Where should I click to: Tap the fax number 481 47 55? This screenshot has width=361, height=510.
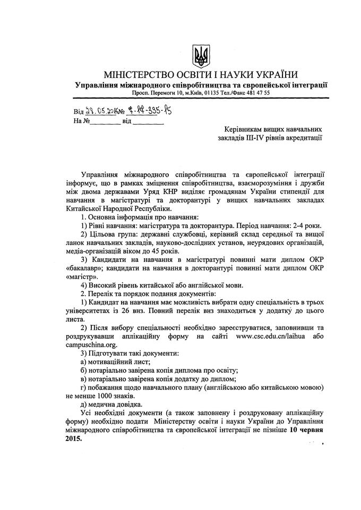tap(257, 93)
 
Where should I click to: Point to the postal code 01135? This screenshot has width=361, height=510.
tap(205, 93)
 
